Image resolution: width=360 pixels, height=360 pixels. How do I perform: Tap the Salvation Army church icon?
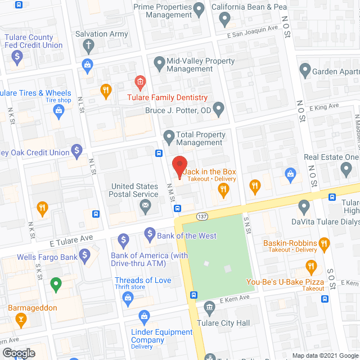pos(88,45)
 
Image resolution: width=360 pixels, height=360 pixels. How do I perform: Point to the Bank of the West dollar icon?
pos(150,233)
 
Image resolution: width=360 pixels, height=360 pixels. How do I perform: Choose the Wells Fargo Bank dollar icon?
pos(85,256)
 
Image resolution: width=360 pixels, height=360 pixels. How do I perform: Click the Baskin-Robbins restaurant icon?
pos(323,243)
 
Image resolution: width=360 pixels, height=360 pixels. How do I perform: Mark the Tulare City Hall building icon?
pos(210,307)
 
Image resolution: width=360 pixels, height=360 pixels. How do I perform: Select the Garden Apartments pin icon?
pos(305,71)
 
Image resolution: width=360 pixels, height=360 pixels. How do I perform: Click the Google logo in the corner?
pos(18,353)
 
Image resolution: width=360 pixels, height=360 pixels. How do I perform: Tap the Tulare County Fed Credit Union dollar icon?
pos(17,56)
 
